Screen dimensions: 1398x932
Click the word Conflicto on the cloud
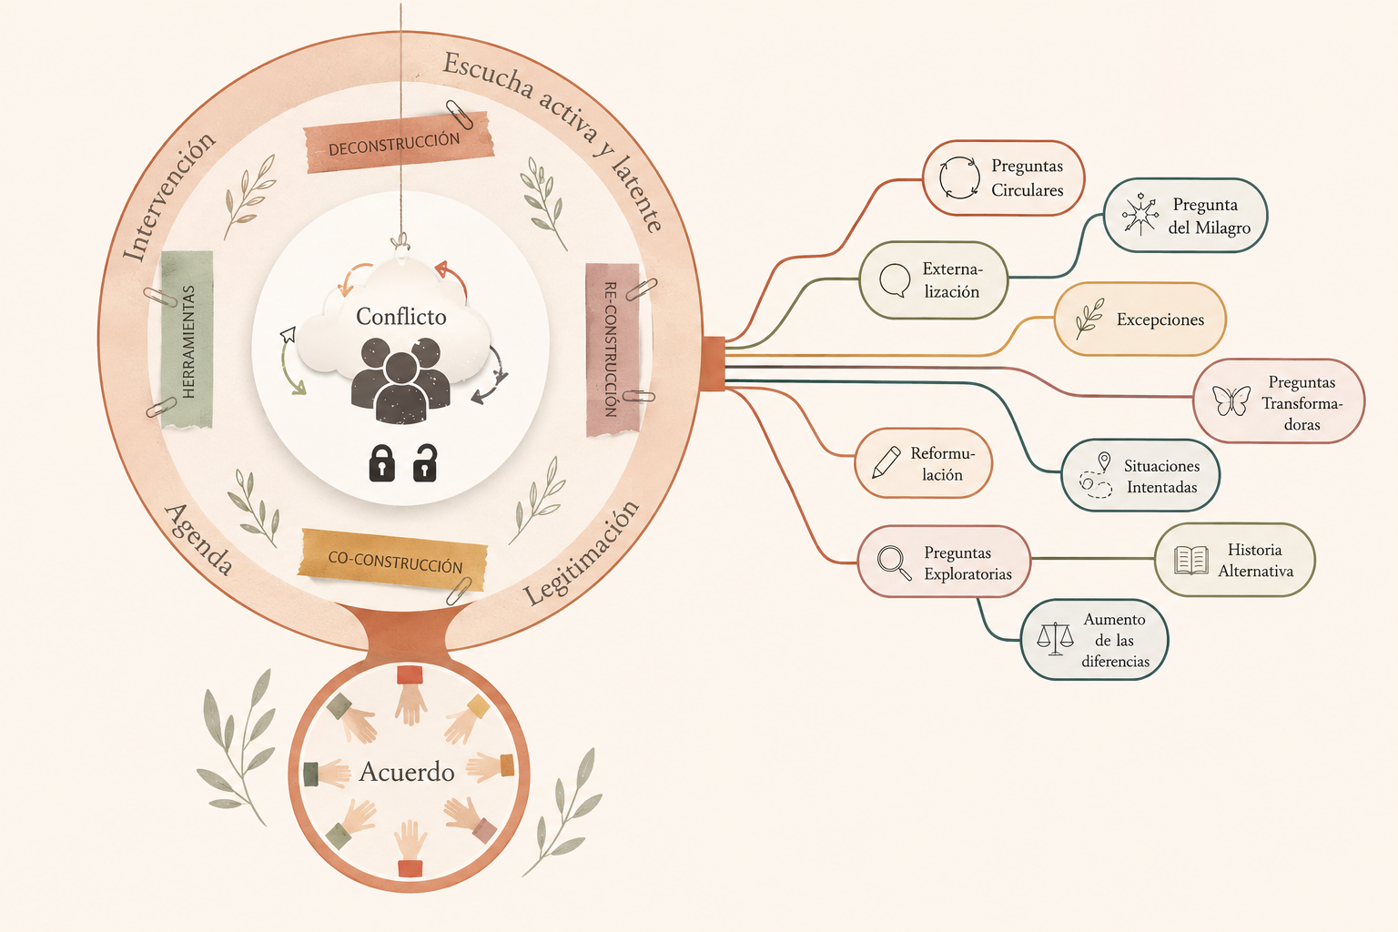click(x=400, y=317)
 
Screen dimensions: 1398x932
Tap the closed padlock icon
click(x=381, y=463)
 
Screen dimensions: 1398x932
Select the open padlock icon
click(x=425, y=462)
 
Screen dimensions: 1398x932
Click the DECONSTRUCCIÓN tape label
click(x=398, y=143)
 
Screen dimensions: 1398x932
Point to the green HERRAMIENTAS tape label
click(x=187, y=340)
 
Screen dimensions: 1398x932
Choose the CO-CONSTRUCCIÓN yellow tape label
click(x=393, y=560)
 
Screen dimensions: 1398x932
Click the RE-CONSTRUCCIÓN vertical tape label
click(x=613, y=349)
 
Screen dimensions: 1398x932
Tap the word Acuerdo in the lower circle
click(x=406, y=772)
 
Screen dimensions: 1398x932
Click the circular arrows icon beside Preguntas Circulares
click(x=959, y=177)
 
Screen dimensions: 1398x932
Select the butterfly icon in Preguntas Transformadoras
click(x=1231, y=400)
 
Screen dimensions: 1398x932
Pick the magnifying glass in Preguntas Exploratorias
click(x=894, y=563)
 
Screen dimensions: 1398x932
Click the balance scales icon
click(x=1055, y=639)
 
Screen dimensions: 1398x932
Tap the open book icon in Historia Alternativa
click(x=1190, y=560)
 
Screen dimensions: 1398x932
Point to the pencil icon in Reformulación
click(x=886, y=462)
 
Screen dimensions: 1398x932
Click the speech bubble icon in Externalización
click(x=895, y=280)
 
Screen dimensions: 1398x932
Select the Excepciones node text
click(x=1160, y=319)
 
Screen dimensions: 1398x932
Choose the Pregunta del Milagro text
click(x=1209, y=216)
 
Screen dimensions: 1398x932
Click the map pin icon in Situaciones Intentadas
click(x=1104, y=462)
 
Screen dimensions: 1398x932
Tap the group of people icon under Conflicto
click(x=400, y=380)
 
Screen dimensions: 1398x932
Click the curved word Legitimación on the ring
click(x=582, y=553)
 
